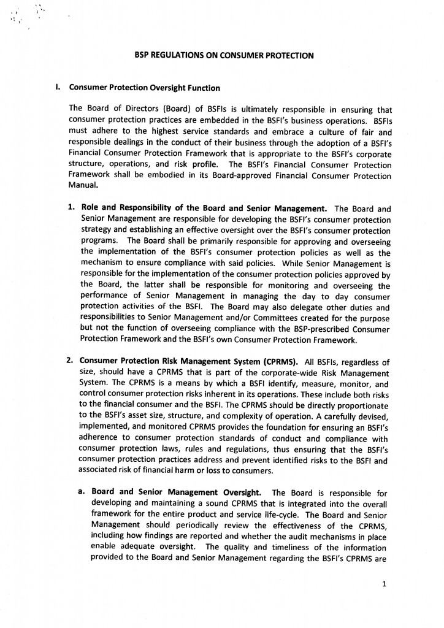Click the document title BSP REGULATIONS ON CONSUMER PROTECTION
[x=224, y=56]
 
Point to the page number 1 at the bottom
[x=384, y=584]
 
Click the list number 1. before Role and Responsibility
[x=71, y=207]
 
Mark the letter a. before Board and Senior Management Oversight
[x=81, y=492]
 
